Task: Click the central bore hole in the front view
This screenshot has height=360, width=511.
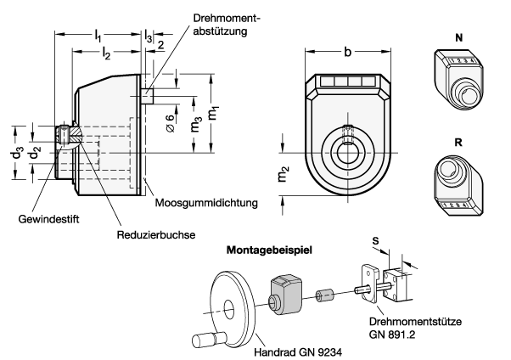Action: [348, 153]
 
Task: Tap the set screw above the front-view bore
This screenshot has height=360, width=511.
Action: [348, 134]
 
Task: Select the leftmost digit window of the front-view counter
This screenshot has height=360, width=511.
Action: [327, 82]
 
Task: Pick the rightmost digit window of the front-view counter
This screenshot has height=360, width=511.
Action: [369, 82]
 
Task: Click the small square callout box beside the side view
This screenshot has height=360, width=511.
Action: [147, 96]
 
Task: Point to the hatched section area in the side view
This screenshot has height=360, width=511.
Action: [76, 134]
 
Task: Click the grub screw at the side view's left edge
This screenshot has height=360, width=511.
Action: [64, 135]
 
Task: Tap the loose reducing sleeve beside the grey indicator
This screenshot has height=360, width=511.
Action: [324, 295]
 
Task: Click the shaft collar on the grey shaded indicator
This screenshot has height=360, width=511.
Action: [273, 302]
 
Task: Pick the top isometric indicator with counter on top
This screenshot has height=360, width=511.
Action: [458, 79]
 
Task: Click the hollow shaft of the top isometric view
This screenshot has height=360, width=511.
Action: [469, 95]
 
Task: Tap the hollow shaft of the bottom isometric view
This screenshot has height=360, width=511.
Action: [447, 169]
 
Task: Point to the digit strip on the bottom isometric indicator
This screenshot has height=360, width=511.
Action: [457, 205]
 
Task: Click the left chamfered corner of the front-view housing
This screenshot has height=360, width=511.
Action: [312, 94]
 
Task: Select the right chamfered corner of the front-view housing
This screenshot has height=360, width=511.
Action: [385, 94]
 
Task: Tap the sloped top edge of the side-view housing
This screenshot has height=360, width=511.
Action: [95, 83]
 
